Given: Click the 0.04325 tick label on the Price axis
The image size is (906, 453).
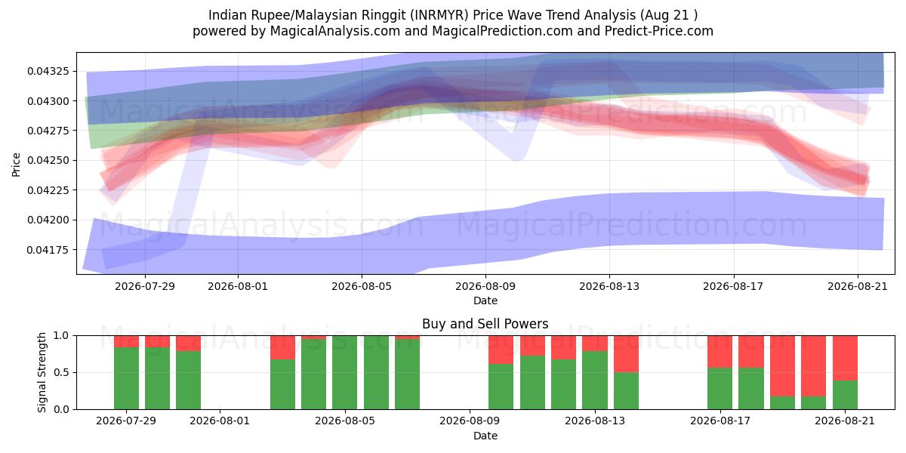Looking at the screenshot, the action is tap(48, 71).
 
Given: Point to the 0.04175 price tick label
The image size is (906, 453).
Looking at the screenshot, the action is tap(48, 250).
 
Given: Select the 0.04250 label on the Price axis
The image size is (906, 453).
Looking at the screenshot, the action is tap(48, 161).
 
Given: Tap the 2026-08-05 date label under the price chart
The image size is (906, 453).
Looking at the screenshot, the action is tap(362, 286).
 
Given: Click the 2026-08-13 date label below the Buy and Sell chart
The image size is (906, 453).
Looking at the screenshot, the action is tap(595, 421).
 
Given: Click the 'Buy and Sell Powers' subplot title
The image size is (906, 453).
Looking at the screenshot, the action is tap(485, 324).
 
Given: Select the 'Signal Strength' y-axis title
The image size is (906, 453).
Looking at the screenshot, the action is tap(42, 372).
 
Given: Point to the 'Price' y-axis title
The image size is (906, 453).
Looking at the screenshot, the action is tap(16, 165).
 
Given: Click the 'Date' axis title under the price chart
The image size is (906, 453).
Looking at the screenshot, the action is tap(485, 300).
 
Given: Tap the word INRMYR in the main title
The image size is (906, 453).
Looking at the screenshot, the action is tap(439, 15).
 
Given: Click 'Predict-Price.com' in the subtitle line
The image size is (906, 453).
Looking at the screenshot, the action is tap(659, 31).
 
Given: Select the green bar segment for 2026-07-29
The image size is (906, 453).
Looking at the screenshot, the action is tap(126, 378).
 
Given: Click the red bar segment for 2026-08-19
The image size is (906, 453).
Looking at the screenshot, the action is tap(782, 366).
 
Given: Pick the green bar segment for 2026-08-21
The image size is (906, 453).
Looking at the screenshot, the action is tap(845, 395).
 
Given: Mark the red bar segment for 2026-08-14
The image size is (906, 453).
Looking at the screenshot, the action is tap(626, 354).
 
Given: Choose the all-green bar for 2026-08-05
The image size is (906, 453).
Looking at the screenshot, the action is tap(344, 372).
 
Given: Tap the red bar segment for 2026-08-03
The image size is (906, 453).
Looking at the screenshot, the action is tap(282, 347).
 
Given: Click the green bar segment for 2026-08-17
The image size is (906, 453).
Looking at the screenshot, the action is tap(720, 388).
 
